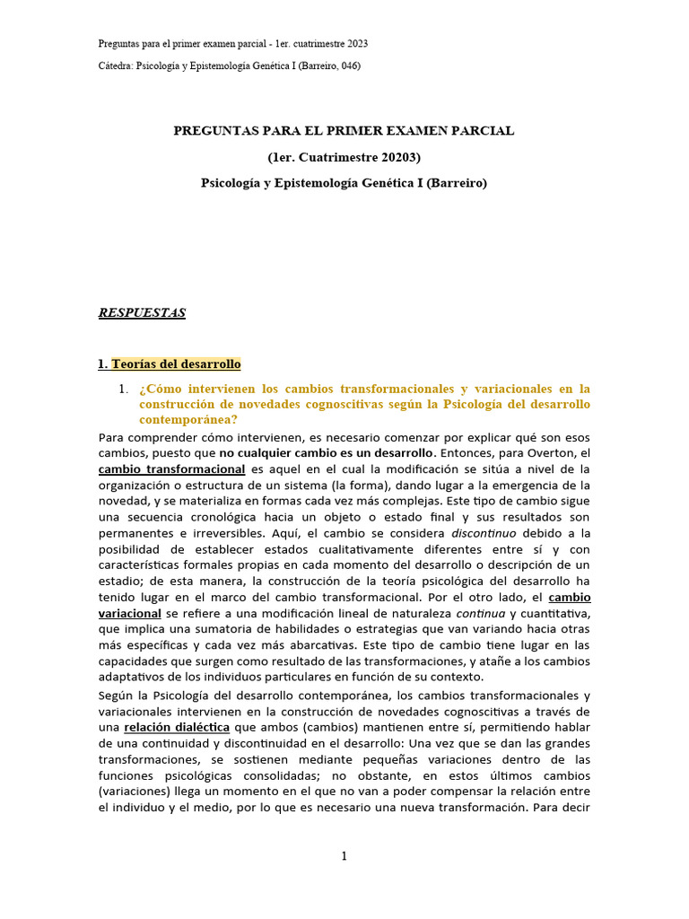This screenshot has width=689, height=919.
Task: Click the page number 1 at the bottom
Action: (x=344, y=856)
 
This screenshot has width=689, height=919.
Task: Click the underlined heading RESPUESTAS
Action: (x=142, y=313)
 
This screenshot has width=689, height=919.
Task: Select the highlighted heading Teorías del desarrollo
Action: (x=176, y=364)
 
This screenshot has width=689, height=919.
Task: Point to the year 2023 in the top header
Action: (x=356, y=43)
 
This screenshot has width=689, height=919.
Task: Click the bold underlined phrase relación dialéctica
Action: (x=178, y=727)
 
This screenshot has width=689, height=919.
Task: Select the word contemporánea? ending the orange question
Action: (x=188, y=420)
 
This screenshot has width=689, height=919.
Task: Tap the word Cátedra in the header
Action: (x=114, y=66)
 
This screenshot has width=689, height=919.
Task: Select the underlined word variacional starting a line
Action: (x=129, y=613)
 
